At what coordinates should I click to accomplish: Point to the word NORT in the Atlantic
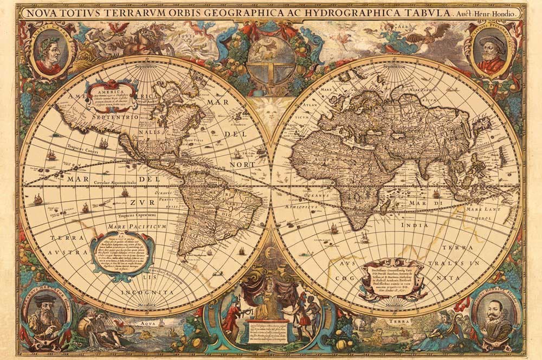[241, 164]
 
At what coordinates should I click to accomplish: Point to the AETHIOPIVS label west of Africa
[309, 207]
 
